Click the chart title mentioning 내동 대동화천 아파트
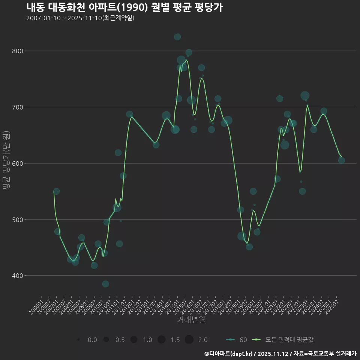[x=124, y=7]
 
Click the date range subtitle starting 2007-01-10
[x=80, y=18]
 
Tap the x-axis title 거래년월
[x=191, y=320]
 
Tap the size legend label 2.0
[x=203, y=340]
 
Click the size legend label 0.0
[x=92, y=340]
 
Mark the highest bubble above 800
[x=177, y=37]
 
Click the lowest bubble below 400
[x=105, y=284]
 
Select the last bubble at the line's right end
[x=341, y=160]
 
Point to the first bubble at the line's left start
[x=56, y=191]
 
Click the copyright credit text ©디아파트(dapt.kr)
[x=229, y=354]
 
